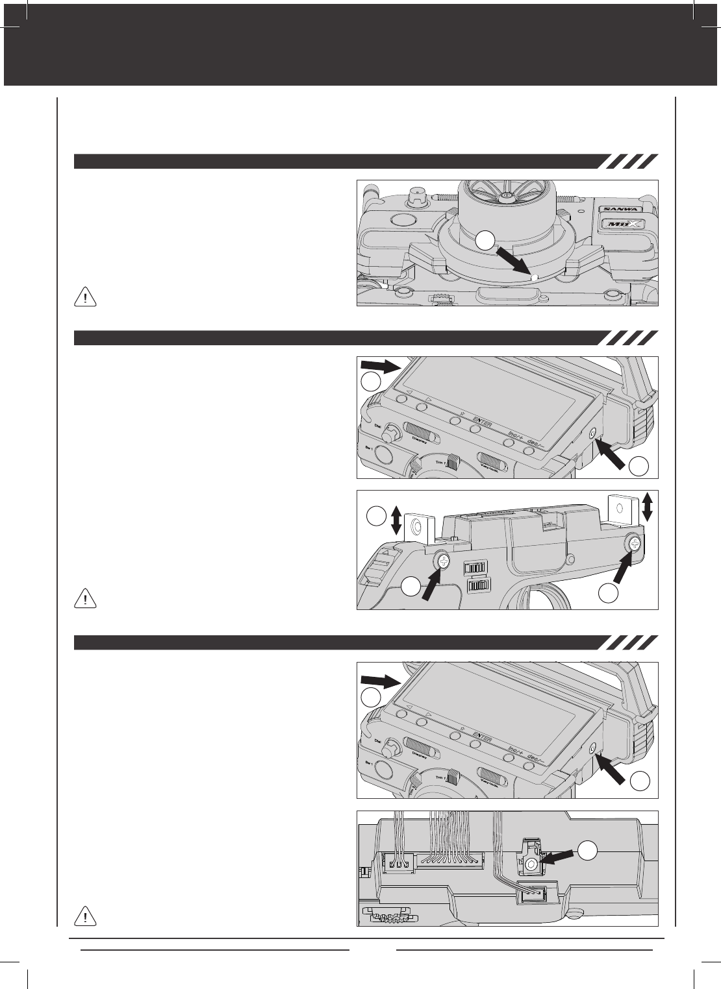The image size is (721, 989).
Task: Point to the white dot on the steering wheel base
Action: pos(533,278)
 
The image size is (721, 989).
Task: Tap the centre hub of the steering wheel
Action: pos(508,195)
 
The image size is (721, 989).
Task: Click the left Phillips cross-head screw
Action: pos(442,561)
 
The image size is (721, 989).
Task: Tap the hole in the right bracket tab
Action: pos(619,507)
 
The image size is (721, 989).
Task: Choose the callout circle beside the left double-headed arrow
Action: pos(375,517)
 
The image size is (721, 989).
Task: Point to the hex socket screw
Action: pos(531,864)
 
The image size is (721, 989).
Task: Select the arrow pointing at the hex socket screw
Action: pos(557,858)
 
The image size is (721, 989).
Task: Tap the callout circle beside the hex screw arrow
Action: pos(588,849)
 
